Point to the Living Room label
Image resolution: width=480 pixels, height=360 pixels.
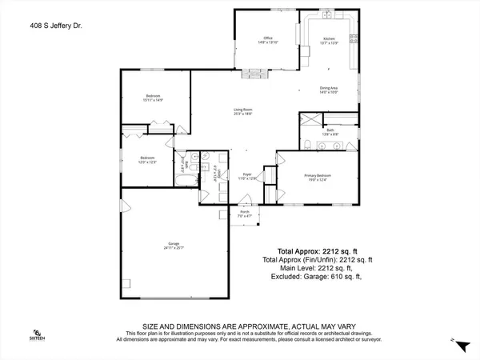[x=243, y=110]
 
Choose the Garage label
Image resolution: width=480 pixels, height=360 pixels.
[x=173, y=242]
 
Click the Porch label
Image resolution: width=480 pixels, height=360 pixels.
[x=244, y=211]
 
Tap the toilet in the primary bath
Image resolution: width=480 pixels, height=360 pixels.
[x=308, y=144]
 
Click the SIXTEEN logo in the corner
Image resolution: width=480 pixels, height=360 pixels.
[x=37, y=334]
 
